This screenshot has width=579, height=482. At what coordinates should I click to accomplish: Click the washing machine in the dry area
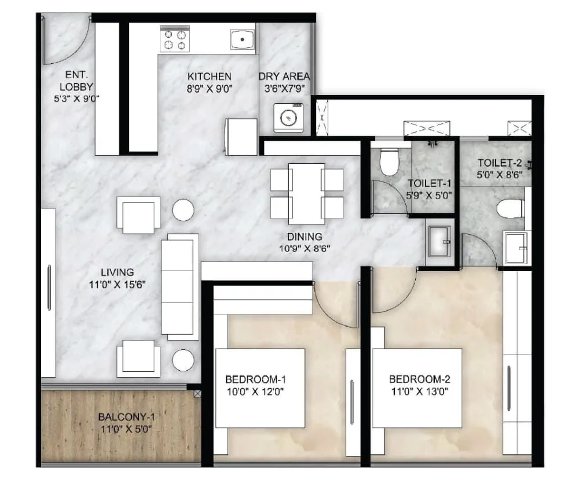[x=289, y=118]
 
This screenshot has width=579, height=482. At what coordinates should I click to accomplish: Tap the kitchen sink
[x=243, y=40]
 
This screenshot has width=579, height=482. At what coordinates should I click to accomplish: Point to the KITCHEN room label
[x=209, y=76]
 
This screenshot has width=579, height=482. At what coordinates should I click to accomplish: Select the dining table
[x=306, y=193]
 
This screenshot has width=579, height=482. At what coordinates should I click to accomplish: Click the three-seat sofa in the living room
[x=179, y=287]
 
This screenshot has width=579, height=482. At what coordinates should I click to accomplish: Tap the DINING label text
[x=305, y=237]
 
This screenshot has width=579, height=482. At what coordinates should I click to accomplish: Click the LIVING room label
[x=117, y=272]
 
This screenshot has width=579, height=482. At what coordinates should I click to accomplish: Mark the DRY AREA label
[x=284, y=76]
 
